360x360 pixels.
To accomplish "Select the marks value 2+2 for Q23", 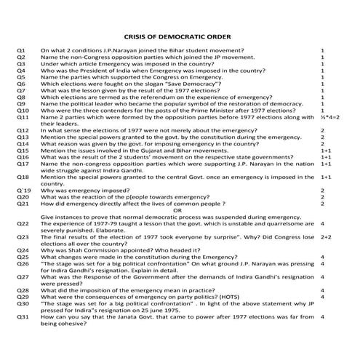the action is [326, 237].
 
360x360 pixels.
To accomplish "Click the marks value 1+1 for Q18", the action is [326, 177].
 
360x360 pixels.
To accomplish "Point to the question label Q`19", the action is [23, 190].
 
